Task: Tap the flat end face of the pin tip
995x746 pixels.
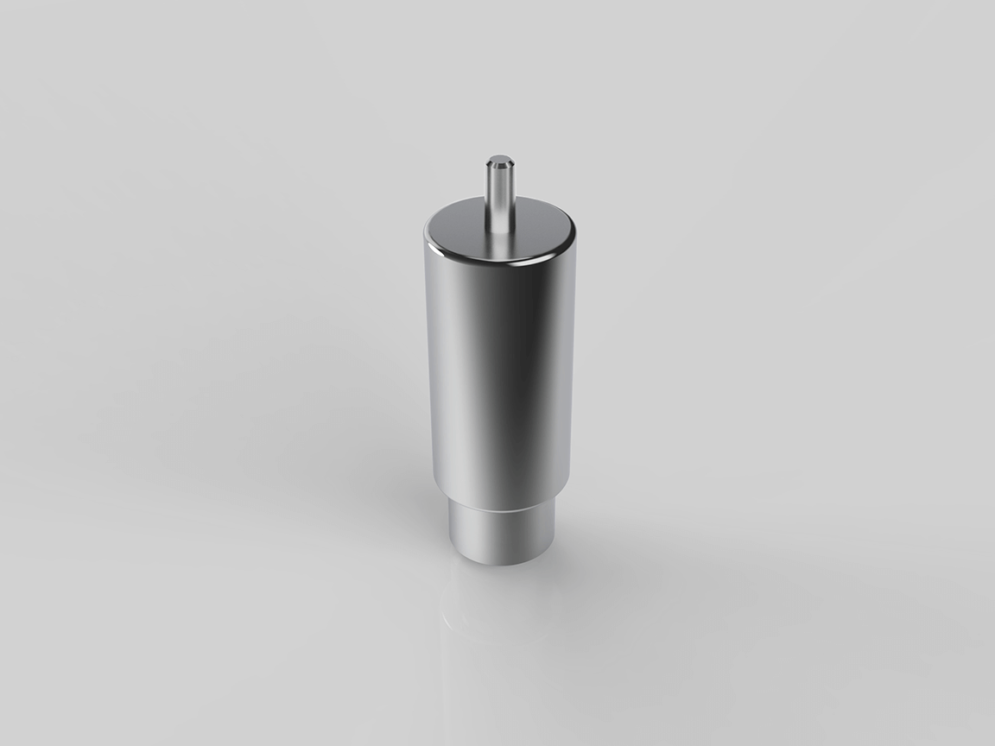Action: (499, 159)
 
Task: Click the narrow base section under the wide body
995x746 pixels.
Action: (501, 535)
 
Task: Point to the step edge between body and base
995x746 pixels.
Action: (501, 503)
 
